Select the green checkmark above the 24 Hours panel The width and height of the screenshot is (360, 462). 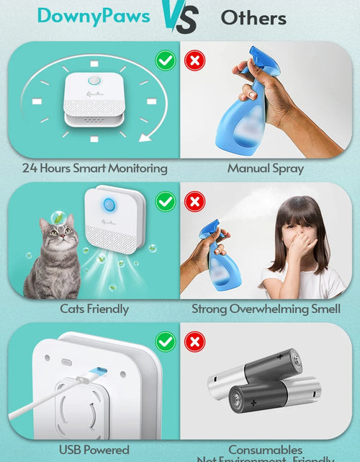tap(166, 61)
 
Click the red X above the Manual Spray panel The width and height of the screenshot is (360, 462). tap(194, 61)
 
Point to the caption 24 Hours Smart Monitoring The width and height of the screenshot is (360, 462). tap(94, 169)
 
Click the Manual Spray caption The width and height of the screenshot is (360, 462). tap(266, 169)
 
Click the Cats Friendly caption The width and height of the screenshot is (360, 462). tap(94, 309)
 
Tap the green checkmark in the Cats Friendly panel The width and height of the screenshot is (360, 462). tap(166, 202)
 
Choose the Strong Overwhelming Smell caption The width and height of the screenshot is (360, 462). tap(266, 309)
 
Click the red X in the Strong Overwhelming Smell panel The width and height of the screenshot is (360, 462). tap(194, 202)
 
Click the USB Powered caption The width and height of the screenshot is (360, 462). tap(94, 450)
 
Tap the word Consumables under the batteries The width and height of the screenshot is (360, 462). tap(266, 450)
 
